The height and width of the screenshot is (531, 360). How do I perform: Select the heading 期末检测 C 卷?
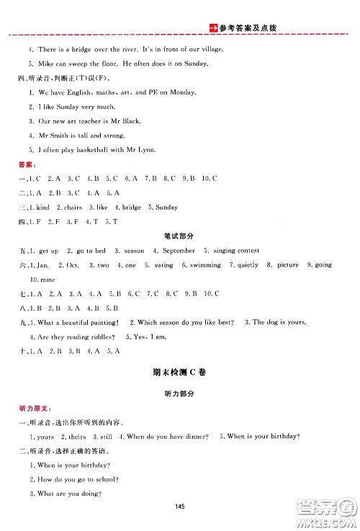tap(179, 373)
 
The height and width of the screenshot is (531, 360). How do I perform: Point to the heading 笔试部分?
tap(179, 236)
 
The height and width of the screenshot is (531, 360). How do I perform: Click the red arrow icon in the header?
tap(212, 28)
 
